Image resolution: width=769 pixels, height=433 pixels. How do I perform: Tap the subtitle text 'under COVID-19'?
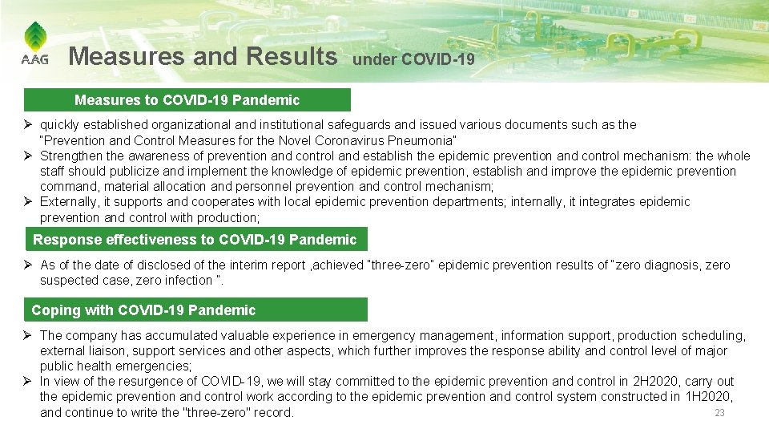(413, 59)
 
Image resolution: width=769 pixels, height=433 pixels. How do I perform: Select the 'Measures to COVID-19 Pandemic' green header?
(187, 100)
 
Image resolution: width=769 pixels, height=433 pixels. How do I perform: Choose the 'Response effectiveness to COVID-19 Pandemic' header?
(195, 240)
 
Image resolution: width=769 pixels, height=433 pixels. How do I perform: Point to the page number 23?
(719, 413)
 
